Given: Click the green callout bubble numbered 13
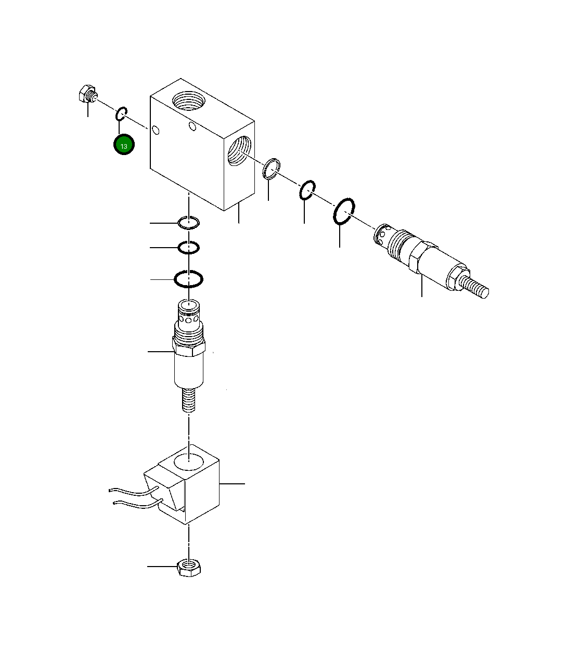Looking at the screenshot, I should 124,145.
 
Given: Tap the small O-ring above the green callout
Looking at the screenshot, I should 122,113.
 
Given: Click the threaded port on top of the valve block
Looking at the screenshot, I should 188,100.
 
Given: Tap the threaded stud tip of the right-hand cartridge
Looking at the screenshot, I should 477,287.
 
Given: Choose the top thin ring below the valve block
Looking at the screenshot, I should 188,223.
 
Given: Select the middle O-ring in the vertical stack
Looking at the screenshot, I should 188,248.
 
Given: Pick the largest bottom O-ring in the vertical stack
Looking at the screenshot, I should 188,279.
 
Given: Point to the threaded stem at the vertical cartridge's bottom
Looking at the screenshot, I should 189,401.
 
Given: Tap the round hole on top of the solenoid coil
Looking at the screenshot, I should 189,460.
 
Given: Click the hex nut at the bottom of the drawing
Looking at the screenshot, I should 188,567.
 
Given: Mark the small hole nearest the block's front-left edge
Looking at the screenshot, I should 156,131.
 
